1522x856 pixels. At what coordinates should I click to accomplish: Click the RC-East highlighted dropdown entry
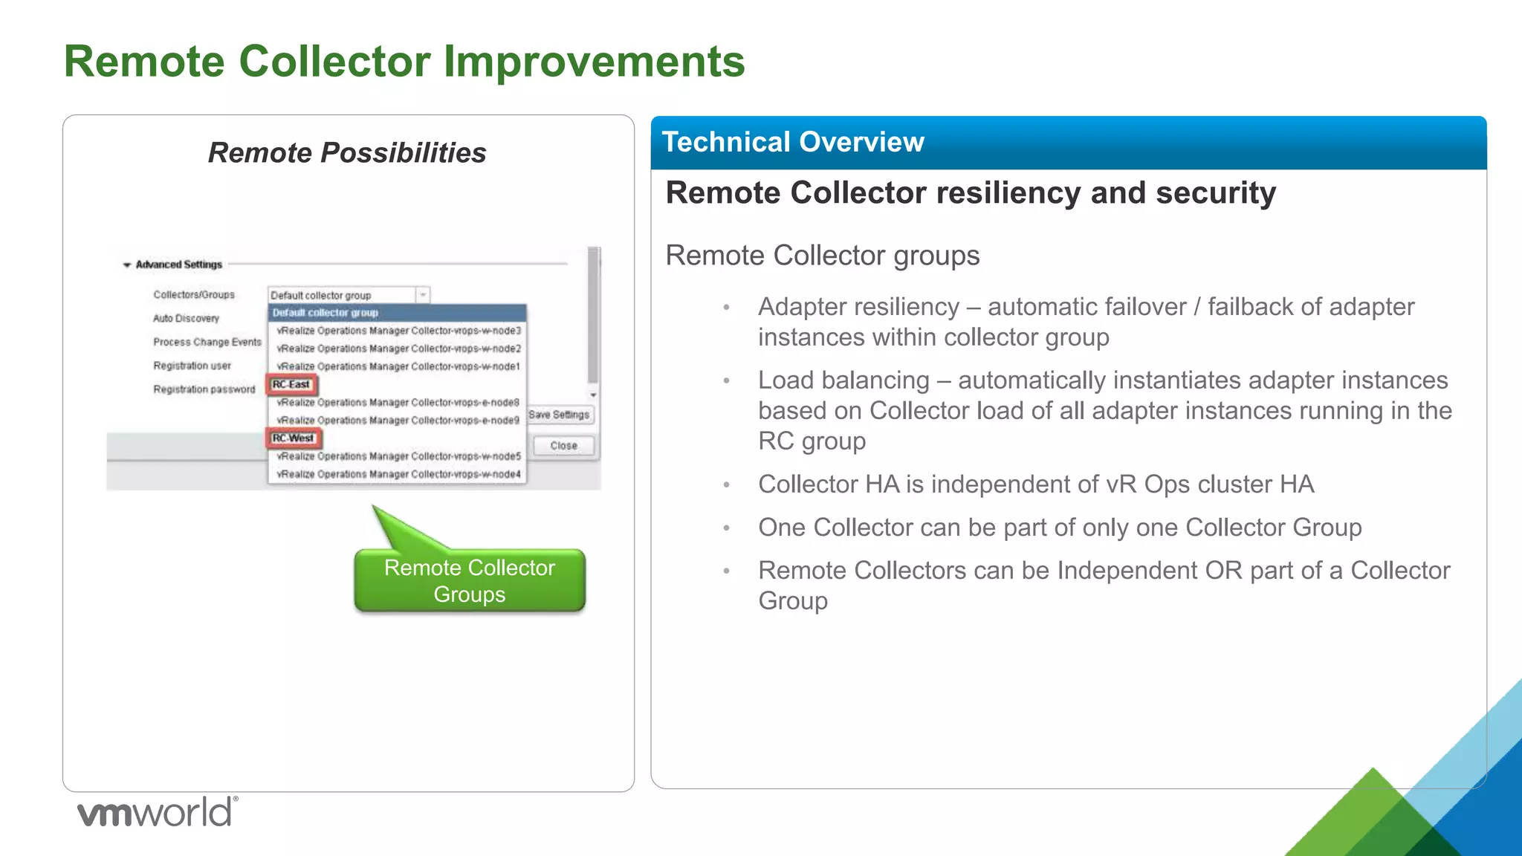pos(291,384)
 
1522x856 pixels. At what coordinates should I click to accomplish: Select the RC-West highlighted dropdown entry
pos(294,438)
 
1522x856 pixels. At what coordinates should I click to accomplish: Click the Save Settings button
pos(560,415)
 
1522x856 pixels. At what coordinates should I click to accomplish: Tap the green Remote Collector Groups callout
pos(470,581)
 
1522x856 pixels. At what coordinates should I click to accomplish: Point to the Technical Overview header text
pos(793,142)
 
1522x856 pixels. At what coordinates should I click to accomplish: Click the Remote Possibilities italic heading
pos(347,153)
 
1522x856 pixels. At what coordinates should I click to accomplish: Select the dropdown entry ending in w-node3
pos(398,331)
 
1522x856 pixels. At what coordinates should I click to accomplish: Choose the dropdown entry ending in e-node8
pos(398,402)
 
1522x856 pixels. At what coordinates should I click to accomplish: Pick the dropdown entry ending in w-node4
pos(398,474)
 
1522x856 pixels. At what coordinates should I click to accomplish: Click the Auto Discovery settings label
pos(187,318)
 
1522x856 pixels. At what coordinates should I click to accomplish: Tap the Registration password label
pos(204,389)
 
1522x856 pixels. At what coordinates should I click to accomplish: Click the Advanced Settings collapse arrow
pos(127,265)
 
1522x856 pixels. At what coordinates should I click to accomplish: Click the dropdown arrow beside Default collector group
pos(422,295)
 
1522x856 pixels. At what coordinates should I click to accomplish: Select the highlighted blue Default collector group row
pos(397,313)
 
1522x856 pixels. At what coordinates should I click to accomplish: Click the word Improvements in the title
pos(594,61)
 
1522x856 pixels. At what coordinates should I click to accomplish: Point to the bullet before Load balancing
pos(727,381)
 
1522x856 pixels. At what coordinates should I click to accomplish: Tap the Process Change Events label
pos(207,342)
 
